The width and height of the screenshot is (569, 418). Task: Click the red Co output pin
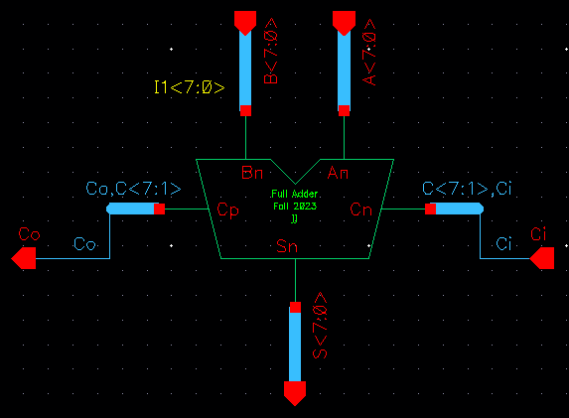(x=24, y=259)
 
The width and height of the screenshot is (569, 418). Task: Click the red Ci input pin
(x=542, y=259)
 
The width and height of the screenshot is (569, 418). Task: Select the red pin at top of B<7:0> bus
(x=244, y=20)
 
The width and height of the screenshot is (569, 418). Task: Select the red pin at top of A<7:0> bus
(x=344, y=20)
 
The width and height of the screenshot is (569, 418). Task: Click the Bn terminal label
(x=252, y=173)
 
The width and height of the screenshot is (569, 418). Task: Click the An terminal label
(x=338, y=173)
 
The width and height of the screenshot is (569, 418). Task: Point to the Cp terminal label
(x=227, y=209)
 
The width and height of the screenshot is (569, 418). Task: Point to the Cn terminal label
(x=360, y=209)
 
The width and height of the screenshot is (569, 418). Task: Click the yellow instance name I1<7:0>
(x=190, y=88)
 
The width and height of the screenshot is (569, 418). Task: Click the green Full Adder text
(x=294, y=195)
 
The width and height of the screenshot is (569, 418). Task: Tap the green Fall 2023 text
(x=294, y=207)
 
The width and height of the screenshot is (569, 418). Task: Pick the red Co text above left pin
(x=29, y=234)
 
